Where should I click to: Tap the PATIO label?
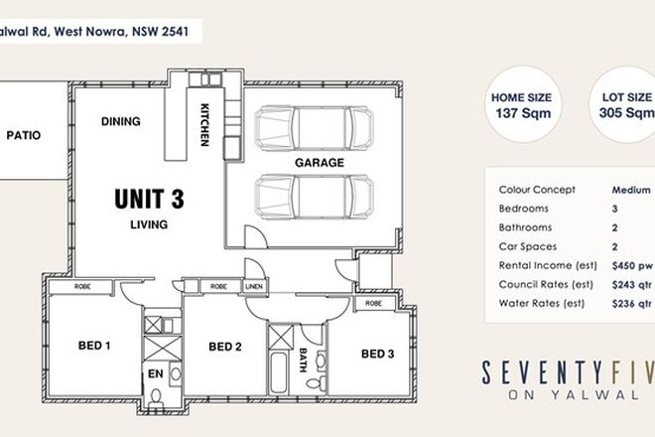click(x=23, y=135)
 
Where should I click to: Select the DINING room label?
click(x=120, y=122)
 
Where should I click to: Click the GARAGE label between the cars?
click(x=319, y=161)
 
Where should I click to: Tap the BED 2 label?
click(x=225, y=347)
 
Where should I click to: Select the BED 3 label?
click(x=379, y=354)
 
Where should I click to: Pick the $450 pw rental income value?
click(x=632, y=265)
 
